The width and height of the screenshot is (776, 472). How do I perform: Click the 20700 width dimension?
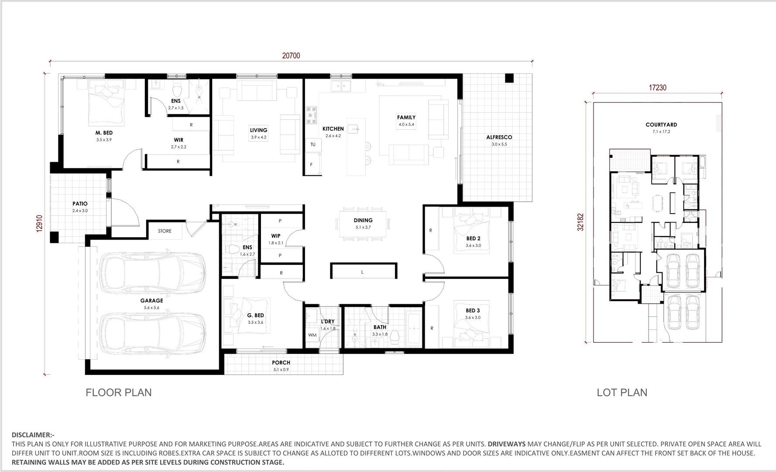tap(291, 56)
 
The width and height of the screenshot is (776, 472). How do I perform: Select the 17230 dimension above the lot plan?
tap(657, 87)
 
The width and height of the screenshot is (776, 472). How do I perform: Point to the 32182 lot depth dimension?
tap(580, 222)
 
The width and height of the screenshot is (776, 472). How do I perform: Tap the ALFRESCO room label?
tap(499, 137)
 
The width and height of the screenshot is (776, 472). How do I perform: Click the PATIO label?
tap(80, 204)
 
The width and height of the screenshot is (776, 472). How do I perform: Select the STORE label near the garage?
tap(165, 231)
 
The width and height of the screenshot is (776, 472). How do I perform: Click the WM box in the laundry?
tap(312, 335)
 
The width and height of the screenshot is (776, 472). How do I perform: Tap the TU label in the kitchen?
tap(312, 144)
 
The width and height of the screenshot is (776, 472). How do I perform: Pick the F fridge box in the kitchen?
tap(312, 165)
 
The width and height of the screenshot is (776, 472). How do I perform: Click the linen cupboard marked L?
tap(363, 272)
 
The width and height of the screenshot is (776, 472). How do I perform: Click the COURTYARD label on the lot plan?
tap(661, 125)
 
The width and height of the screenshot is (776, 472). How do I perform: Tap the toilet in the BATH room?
tap(395, 336)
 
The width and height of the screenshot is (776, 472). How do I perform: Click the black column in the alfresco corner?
tap(509, 78)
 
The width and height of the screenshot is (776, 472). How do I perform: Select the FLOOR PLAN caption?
tap(119, 392)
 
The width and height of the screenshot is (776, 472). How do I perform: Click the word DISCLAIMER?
tap(32, 435)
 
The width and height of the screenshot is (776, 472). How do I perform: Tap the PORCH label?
tap(281, 362)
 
